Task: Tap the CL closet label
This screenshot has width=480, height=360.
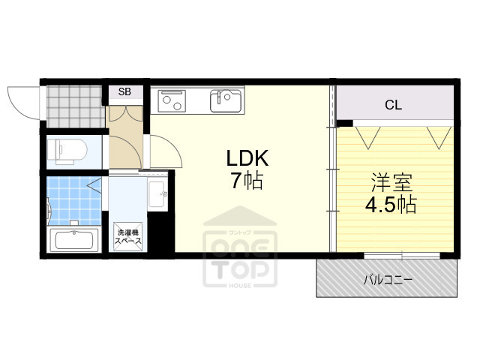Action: point(393,105)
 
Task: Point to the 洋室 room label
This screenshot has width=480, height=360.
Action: point(390,181)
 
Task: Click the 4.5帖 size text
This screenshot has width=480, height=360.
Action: point(390,204)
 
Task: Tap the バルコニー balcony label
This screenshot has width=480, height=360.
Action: point(388,279)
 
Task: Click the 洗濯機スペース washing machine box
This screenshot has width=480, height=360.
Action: point(128,238)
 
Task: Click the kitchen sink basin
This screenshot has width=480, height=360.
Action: point(226,100)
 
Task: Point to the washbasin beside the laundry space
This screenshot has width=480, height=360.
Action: point(157,196)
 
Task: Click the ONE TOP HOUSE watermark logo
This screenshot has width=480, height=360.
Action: point(240,251)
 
